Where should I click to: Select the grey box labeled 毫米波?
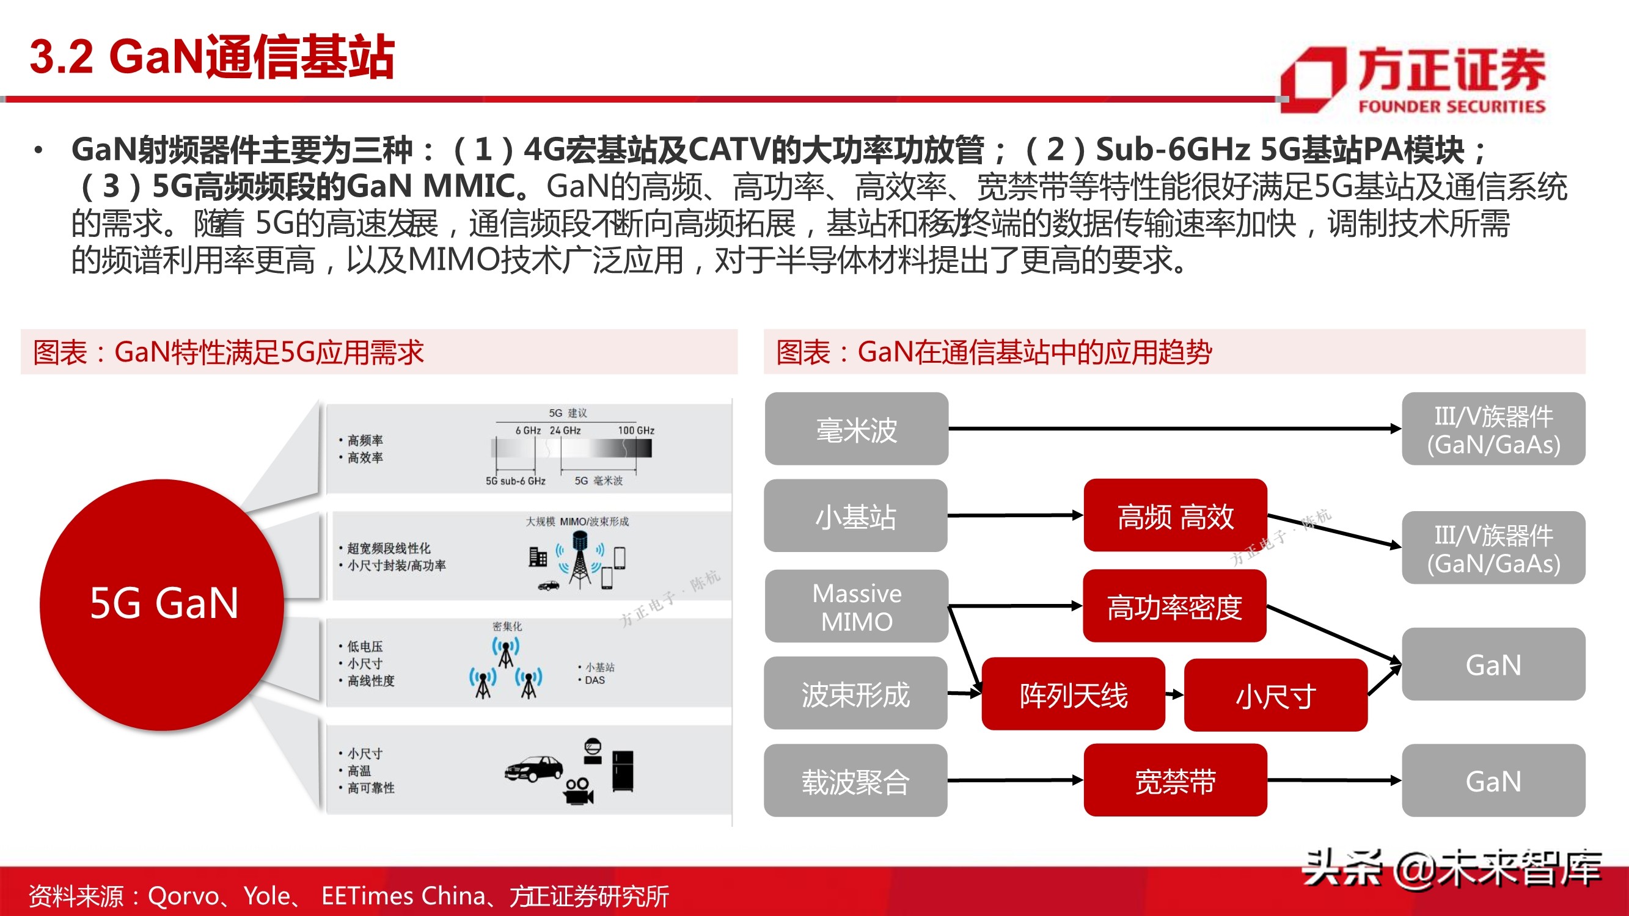[856, 429]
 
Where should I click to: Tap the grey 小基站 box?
[855, 516]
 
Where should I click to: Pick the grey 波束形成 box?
[855, 694]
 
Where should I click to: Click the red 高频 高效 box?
[1175, 516]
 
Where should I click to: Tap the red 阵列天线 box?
[1073, 695]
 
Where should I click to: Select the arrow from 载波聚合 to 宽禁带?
[1015, 780]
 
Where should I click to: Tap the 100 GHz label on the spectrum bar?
[635, 431]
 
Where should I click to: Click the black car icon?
[533, 768]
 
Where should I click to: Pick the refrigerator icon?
[623, 771]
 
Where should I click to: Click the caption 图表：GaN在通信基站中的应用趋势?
[994, 352]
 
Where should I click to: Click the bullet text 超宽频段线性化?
[388, 548]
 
